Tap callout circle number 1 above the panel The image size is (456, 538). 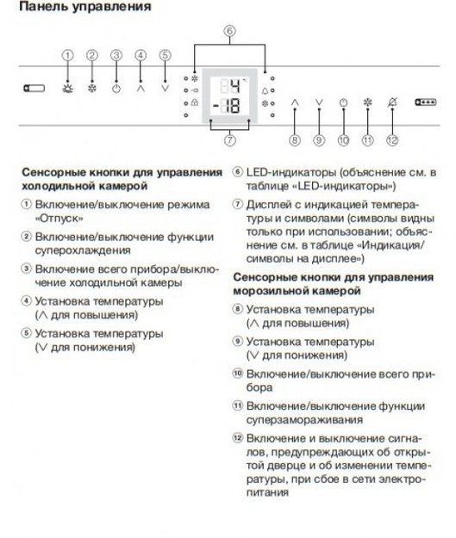click(x=67, y=55)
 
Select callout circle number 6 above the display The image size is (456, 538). click(x=229, y=32)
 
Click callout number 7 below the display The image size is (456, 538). click(x=229, y=139)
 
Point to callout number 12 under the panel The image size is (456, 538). click(x=393, y=139)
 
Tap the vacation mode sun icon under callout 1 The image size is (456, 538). click(x=67, y=87)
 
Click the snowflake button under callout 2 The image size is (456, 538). click(x=92, y=87)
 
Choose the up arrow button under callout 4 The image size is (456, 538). click(x=141, y=87)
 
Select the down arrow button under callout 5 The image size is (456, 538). click(x=166, y=87)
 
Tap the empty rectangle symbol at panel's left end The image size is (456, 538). click(x=33, y=87)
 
